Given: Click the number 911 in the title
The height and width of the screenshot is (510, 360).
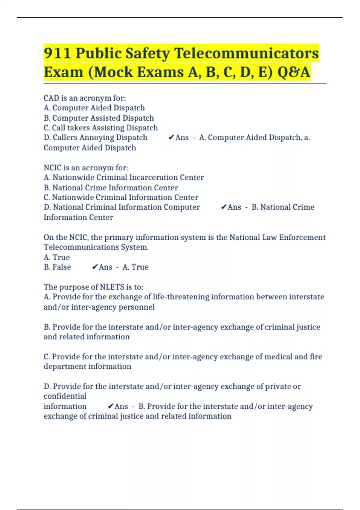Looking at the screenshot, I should [x=57, y=53].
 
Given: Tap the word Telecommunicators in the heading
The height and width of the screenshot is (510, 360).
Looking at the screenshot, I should [x=246, y=53].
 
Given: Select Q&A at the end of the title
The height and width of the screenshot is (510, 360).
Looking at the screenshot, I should [x=294, y=72].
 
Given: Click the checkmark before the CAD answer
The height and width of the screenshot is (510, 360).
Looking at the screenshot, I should [x=171, y=137].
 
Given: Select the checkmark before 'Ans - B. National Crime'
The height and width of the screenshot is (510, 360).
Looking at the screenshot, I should [x=223, y=207].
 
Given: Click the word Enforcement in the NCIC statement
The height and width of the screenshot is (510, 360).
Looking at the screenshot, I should [x=302, y=237].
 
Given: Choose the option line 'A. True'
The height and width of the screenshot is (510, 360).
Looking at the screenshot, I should [x=57, y=257].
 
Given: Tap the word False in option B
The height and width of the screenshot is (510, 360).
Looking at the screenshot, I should [x=62, y=267].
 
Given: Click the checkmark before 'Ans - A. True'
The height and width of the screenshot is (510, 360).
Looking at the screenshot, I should [x=95, y=267].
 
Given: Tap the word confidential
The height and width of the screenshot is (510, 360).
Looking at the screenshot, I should [x=65, y=396].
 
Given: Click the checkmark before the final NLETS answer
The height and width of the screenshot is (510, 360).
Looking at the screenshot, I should [x=110, y=406].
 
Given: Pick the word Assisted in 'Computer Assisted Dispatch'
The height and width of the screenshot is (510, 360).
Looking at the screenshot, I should [x=105, y=118].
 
